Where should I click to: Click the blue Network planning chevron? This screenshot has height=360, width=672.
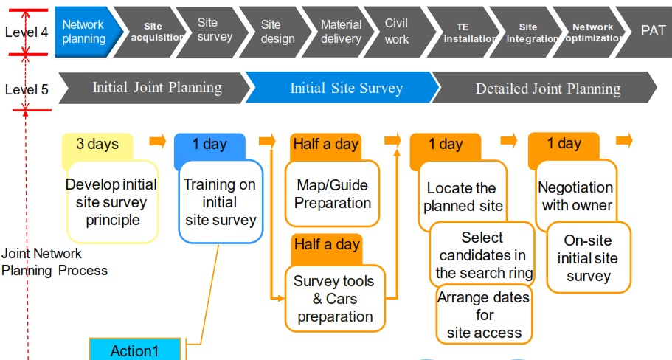point(86,32)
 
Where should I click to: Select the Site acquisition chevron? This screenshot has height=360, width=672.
point(149,32)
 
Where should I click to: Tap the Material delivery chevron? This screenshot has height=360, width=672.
point(339,32)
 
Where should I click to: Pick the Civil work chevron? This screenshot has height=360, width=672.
point(399,32)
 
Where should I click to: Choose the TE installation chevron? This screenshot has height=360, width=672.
point(464,32)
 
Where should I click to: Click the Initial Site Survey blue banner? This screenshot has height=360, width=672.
point(343,88)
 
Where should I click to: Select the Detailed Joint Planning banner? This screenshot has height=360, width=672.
point(545,88)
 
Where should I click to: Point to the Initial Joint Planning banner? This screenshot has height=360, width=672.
point(154,88)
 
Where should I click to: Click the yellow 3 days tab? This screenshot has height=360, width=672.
point(97,147)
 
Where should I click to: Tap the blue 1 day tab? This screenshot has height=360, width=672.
point(210,147)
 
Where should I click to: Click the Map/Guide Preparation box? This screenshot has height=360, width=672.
point(333,194)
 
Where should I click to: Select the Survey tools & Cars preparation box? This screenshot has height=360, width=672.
point(335,299)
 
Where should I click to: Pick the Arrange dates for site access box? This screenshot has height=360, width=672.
point(485,315)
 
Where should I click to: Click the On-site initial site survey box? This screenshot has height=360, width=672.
point(589,258)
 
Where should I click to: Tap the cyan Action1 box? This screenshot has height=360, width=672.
point(135,350)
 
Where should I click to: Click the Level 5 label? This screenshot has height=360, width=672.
point(27,89)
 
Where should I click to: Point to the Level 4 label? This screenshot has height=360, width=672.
point(27,32)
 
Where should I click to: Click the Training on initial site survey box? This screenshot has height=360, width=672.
point(221,202)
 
